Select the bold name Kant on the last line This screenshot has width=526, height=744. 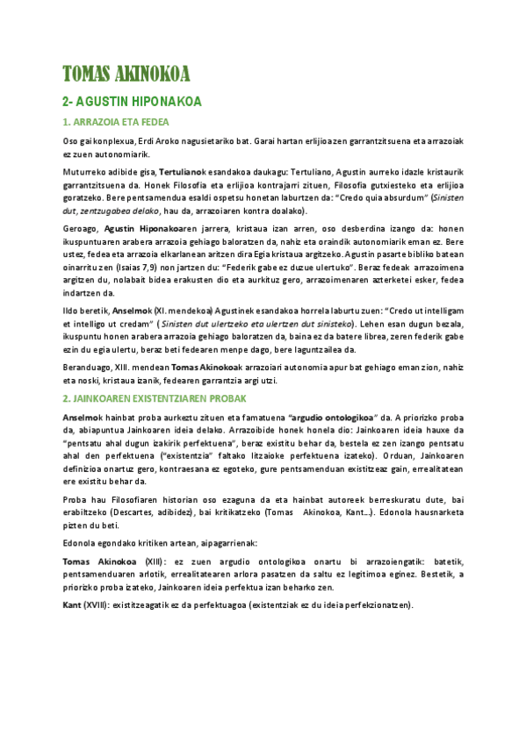click(72, 605)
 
